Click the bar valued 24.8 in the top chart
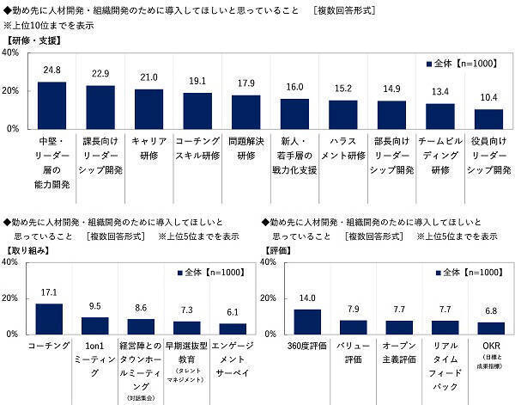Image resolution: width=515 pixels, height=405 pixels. coord(51,105)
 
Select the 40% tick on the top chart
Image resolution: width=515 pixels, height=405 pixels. coord(11,52)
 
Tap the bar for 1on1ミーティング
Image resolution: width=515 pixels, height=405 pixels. coord(96,325)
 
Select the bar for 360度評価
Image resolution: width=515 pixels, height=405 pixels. coord(307,321)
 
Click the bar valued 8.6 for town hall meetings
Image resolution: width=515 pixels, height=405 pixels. coord(141,326)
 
